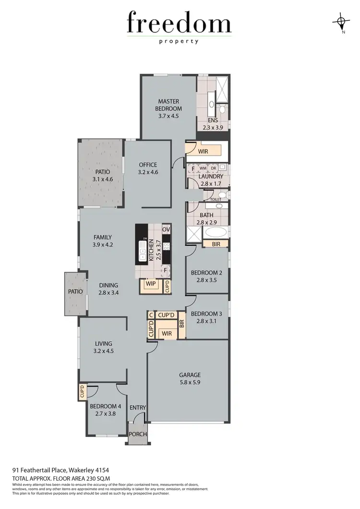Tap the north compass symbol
tap(341, 22)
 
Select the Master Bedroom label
tap(168, 105)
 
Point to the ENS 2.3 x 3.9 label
tap(213, 124)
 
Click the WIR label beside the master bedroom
tap(203, 152)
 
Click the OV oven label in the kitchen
tap(166, 230)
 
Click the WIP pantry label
tap(151, 284)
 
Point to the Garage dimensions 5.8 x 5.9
tap(190, 383)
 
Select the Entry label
tap(138, 408)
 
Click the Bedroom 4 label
tap(106, 406)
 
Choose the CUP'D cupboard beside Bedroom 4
tap(82, 392)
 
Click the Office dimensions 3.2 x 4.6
tap(148, 171)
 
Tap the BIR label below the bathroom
tap(216, 244)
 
